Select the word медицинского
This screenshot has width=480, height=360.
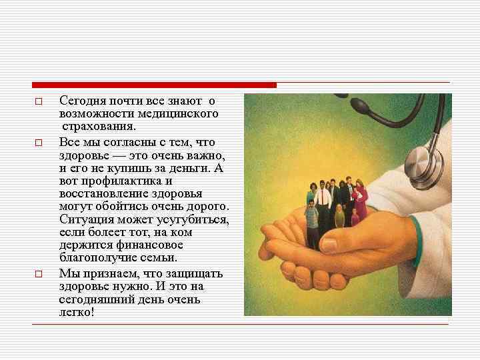[x=183, y=114]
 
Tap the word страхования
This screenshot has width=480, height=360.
[x=99, y=127]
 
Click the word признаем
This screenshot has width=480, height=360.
[x=113, y=273]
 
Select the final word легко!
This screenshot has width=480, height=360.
[x=77, y=312]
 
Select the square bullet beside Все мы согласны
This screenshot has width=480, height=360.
[x=39, y=143]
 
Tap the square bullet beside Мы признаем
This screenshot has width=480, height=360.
[x=39, y=274]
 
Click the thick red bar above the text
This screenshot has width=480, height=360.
[x=154, y=85]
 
